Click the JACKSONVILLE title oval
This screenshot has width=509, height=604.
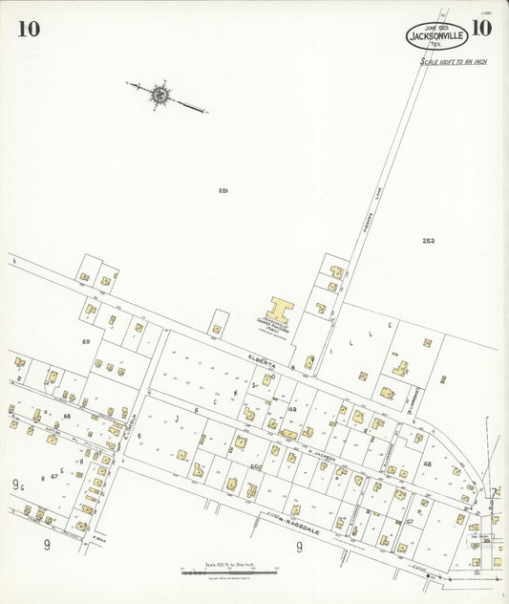pos(436,36)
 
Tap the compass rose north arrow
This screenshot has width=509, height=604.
pos(159,94)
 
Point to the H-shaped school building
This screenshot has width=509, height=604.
pos(280,311)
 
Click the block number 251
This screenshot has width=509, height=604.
pos(223,191)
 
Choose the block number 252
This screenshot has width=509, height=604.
pos(429,241)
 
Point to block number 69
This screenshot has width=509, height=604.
pos(86,341)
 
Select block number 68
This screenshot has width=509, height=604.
pos(67,416)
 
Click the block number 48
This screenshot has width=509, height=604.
pos(428,464)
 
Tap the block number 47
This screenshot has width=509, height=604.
pos(410,522)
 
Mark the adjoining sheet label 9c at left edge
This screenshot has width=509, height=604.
pos(17,485)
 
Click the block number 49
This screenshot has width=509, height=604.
pos(293,409)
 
